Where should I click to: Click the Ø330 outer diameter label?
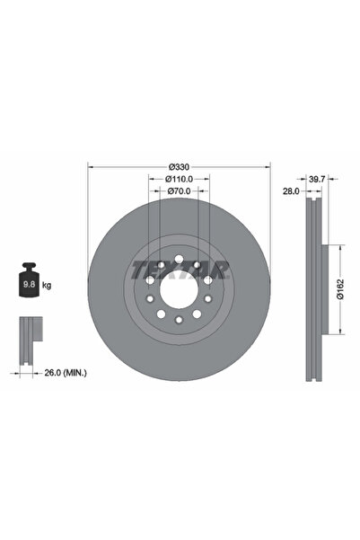(x=179, y=167)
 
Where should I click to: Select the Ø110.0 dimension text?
(x=179, y=179)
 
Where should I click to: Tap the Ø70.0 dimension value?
(x=179, y=191)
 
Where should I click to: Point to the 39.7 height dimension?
(x=316, y=181)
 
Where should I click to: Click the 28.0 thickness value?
(x=289, y=191)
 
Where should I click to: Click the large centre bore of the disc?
(x=179, y=289)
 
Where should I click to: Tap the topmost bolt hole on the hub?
(x=179, y=261)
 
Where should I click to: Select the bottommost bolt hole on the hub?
(x=179, y=319)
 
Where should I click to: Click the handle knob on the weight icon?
(x=30, y=267)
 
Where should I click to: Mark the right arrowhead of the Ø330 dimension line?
(x=268, y=167)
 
